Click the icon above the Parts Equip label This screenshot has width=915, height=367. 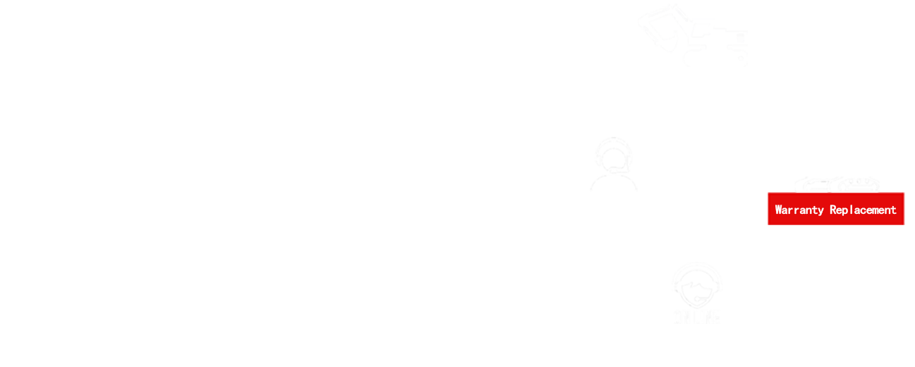pyautogui.click(x=692, y=35)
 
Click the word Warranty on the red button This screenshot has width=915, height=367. pyautogui.click(x=799, y=210)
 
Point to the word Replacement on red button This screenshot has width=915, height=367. pyautogui.click(x=863, y=210)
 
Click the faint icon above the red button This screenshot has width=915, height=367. pyautogui.click(x=836, y=183)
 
